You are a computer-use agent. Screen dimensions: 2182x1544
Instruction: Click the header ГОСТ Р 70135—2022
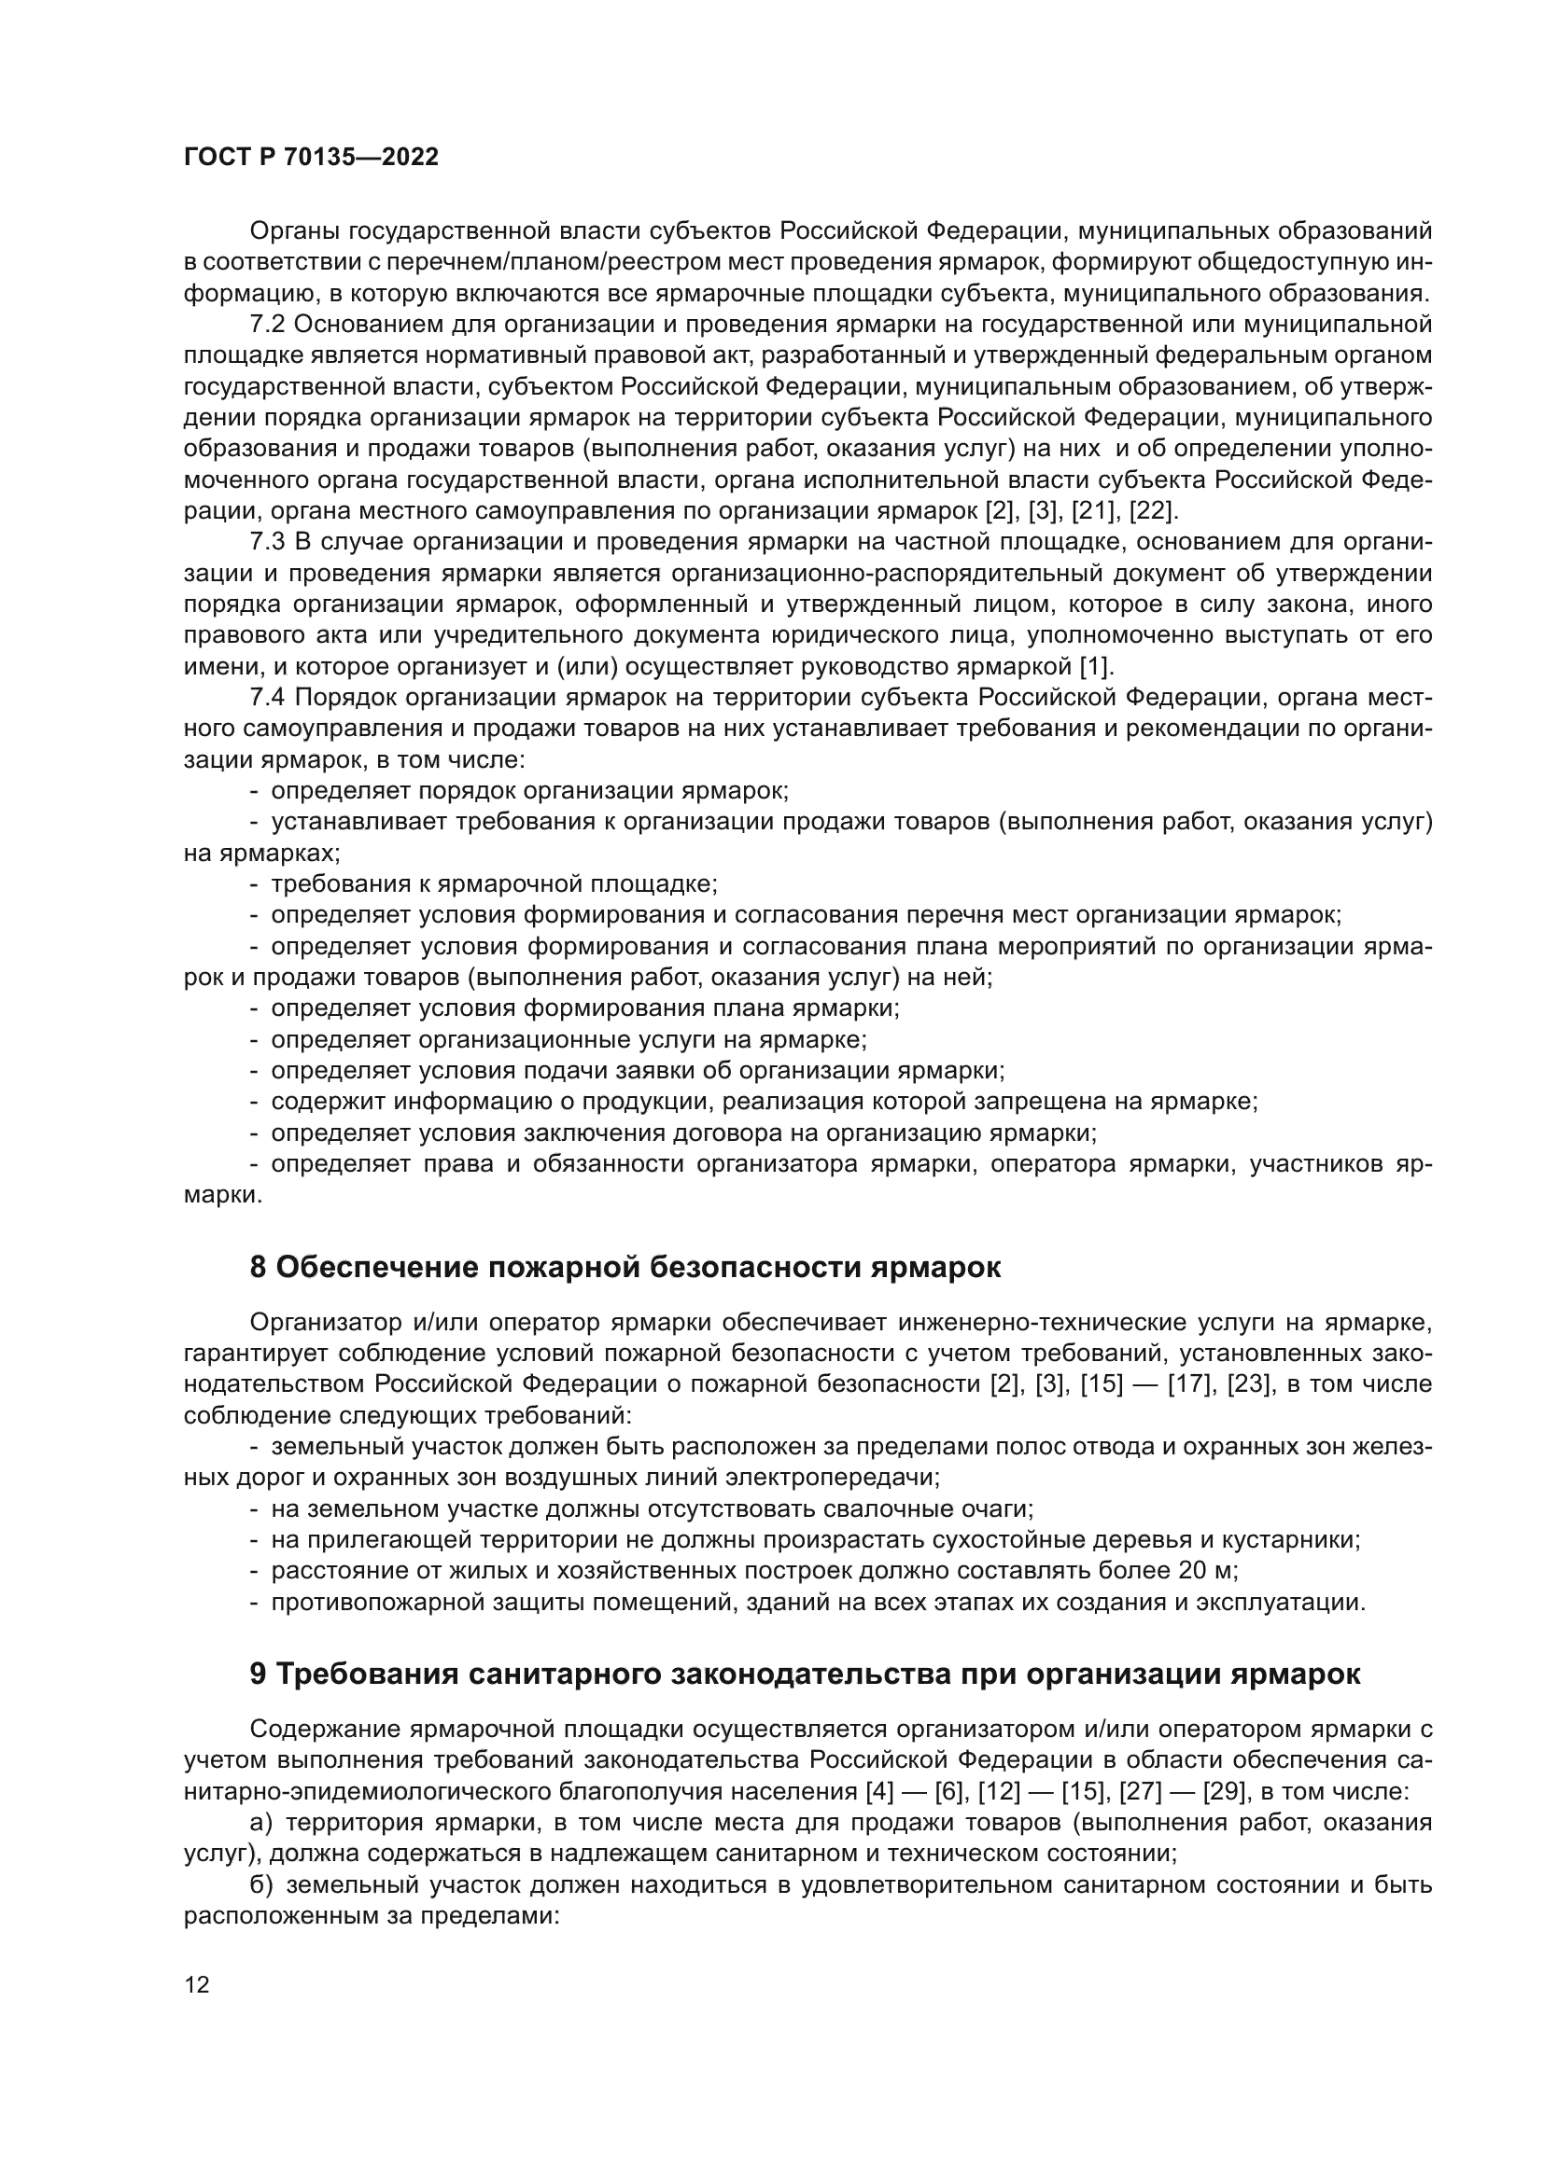pyautogui.click(x=311, y=158)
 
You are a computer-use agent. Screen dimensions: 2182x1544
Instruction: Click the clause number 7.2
pyautogui.click(x=267, y=325)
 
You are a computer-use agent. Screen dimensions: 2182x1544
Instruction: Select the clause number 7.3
pyautogui.click(x=267, y=543)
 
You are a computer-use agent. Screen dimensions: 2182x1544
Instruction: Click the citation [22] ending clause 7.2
pyautogui.click(x=1152, y=511)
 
